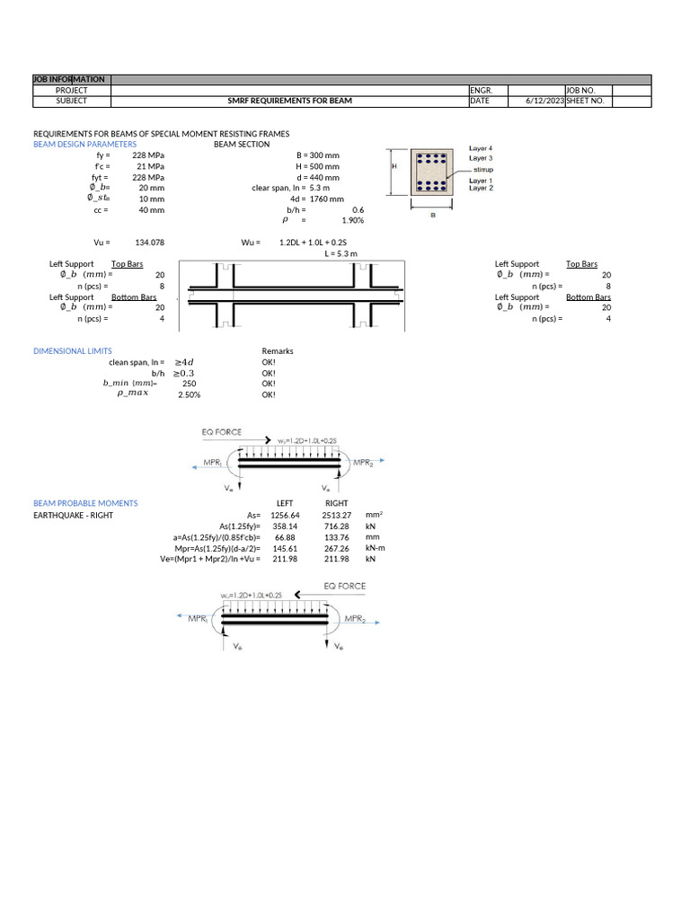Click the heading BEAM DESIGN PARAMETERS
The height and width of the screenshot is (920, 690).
[x=84, y=145]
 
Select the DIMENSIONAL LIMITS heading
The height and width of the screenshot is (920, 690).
[x=73, y=351]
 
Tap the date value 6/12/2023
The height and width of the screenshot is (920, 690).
[x=544, y=102]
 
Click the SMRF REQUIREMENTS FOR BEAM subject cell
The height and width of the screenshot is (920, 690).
[x=289, y=102]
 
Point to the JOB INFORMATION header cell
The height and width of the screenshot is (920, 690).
[x=70, y=80]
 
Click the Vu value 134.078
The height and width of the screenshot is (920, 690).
[x=149, y=243]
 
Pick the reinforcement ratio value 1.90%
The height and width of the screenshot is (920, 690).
[x=352, y=220]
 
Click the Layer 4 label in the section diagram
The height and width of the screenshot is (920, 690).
[x=481, y=148]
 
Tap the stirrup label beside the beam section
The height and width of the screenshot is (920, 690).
[x=482, y=169]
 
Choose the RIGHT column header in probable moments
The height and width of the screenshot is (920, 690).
[x=336, y=504]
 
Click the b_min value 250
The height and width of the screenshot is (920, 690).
[x=189, y=384]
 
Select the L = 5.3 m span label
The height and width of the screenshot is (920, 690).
[x=341, y=254]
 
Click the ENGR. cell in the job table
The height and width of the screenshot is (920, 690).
[x=482, y=91]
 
